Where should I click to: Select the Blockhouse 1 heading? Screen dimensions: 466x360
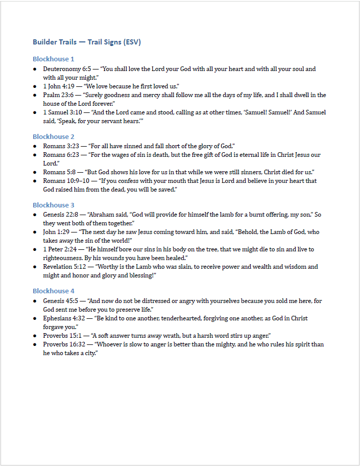tap(54, 59)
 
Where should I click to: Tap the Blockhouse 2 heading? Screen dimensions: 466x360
tap(54, 136)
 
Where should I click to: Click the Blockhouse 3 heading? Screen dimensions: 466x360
tap(54, 205)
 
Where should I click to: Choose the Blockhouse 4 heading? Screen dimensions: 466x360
tap(54, 291)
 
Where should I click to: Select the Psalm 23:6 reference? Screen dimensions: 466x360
tap(58, 95)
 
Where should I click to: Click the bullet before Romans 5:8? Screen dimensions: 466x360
tap(35, 172)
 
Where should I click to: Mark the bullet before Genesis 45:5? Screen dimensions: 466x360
tap(35, 301)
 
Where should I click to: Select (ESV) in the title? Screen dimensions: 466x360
tap(132, 42)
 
